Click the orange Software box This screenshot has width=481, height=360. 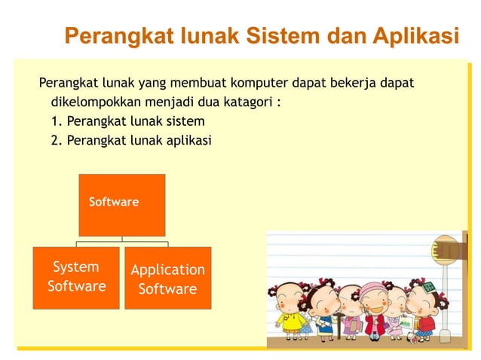coord(122,204)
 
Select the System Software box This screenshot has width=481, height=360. coord(76,277)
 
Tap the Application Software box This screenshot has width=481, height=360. coord(167,279)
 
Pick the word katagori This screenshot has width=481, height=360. coord(250,101)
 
